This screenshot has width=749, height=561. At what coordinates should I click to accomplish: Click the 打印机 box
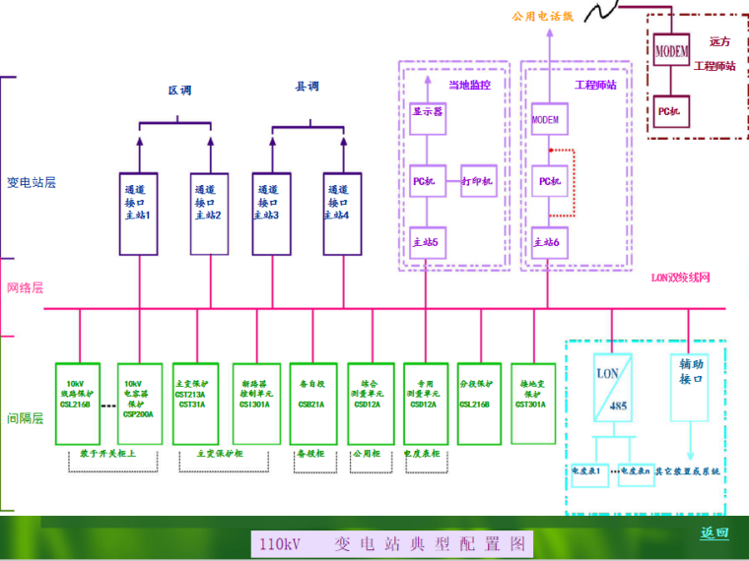coord(479,181)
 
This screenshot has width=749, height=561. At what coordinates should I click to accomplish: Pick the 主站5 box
coord(427,242)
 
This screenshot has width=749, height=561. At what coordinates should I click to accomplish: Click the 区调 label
coord(178,91)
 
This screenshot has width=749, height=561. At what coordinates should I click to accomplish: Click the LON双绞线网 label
coord(680,279)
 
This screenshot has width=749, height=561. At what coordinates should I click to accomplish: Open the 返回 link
coord(715,533)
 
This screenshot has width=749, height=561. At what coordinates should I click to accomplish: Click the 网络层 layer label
coord(26,288)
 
